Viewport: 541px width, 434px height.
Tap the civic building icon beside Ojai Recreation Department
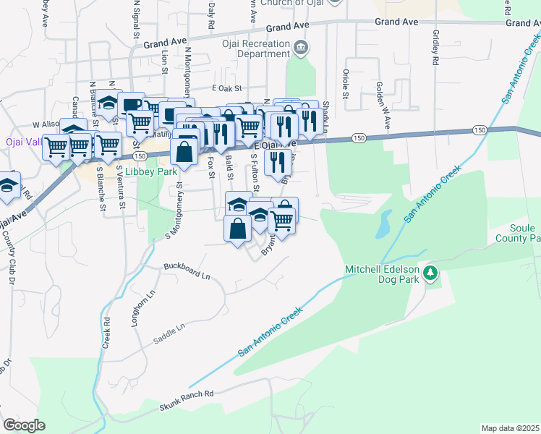coord(301,48)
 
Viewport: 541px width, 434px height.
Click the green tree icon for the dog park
coord(431,273)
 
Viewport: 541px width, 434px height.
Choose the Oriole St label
coord(345,84)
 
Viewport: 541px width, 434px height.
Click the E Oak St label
coord(224,88)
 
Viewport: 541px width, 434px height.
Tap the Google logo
coord(23,425)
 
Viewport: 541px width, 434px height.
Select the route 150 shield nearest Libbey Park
coord(140,156)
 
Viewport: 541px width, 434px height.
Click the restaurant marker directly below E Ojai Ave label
coord(278,163)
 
